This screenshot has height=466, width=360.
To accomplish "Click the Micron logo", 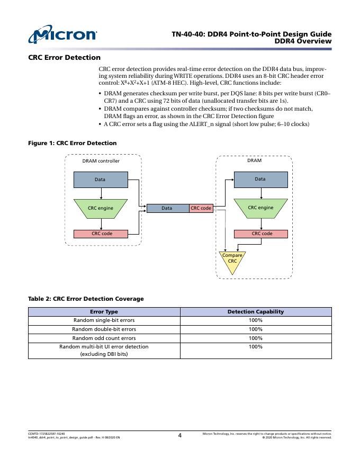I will point(63,35).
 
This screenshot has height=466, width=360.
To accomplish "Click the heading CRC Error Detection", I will point(64,57).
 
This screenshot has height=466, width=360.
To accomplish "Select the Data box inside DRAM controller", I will point(100,180).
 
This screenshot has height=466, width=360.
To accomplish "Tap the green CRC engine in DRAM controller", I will point(100,208).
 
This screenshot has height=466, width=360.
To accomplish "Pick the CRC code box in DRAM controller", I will point(100,234).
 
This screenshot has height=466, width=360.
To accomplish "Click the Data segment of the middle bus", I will point(167,208).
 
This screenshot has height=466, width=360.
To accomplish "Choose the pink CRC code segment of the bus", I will point(201,208).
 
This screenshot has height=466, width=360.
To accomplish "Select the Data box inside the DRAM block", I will point(260,179).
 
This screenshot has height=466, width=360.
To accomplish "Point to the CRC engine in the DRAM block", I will point(260,207).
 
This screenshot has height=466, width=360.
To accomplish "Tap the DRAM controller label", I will point(101,161).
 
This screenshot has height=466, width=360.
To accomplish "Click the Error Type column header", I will point(104,312).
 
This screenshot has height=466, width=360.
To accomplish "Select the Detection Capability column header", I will point(256,312).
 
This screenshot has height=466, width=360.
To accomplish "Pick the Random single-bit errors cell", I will point(104,320).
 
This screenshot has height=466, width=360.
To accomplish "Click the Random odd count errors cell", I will point(104,338).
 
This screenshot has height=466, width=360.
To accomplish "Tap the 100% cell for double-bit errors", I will point(256,329).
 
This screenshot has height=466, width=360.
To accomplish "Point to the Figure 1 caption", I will point(72,143).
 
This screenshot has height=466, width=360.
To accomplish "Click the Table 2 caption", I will point(86,299).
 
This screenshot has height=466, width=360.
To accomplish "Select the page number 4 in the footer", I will point(179,436).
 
